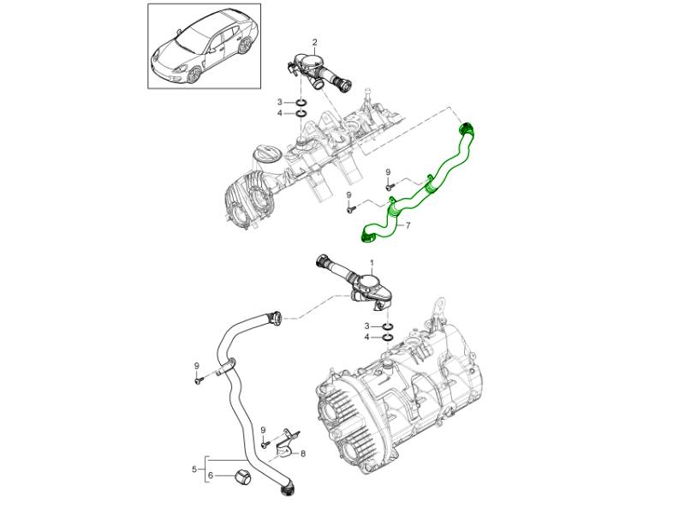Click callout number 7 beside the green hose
coord(408,226)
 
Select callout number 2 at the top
coord(314,42)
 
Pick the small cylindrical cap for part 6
coord(241,476)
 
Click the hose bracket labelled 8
coord(288,441)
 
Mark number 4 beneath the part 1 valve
coord(367,338)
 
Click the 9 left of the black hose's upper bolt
coord(196,366)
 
